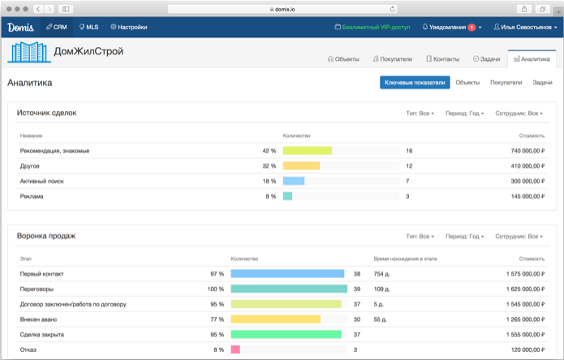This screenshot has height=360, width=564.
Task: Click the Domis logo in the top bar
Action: (20, 27)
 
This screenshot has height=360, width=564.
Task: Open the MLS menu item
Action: (89, 28)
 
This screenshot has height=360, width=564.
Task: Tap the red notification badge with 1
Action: (471, 28)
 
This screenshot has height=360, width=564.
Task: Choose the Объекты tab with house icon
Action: (343, 59)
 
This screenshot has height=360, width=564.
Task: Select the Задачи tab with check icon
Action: (486, 59)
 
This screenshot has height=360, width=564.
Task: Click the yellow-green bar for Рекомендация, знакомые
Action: (308, 151)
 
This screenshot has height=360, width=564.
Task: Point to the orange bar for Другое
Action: (301, 165)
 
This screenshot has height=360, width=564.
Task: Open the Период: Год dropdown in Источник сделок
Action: (463, 114)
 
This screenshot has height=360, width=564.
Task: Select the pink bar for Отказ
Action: (235, 349)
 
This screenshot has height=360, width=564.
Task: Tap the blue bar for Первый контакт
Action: (287, 274)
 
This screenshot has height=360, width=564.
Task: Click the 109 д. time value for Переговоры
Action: (382, 289)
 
